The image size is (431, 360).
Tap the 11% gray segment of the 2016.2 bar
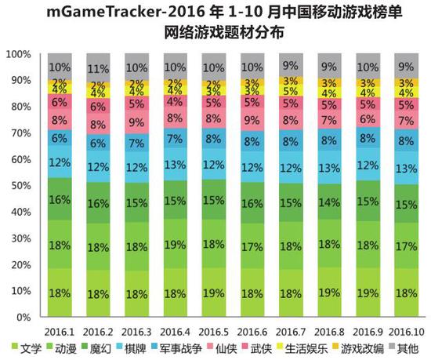click(x=98, y=68)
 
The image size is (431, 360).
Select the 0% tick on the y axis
click(x=23, y=317)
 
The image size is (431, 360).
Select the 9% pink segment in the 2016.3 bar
click(x=136, y=122)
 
